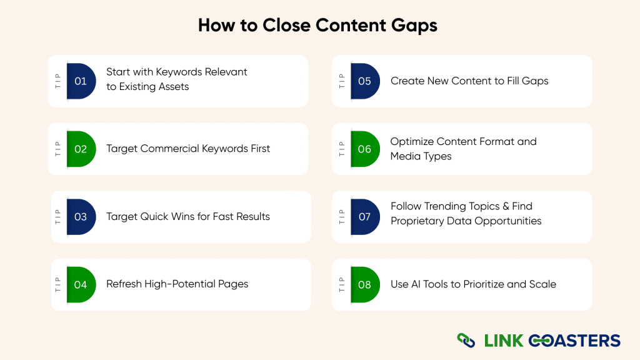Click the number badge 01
(x=81, y=81)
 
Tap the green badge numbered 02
(x=81, y=149)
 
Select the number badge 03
(x=81, y=217)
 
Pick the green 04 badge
(x=81, y=284)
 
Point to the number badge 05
(x=364, y=81)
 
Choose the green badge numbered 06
(x=364, y=149)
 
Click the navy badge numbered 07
(x=364, y=217)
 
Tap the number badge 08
(x=364, y=284)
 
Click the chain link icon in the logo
(x=466, y=341)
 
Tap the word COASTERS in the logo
(x=574, y=341)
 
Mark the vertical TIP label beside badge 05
(x=342, y=81)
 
